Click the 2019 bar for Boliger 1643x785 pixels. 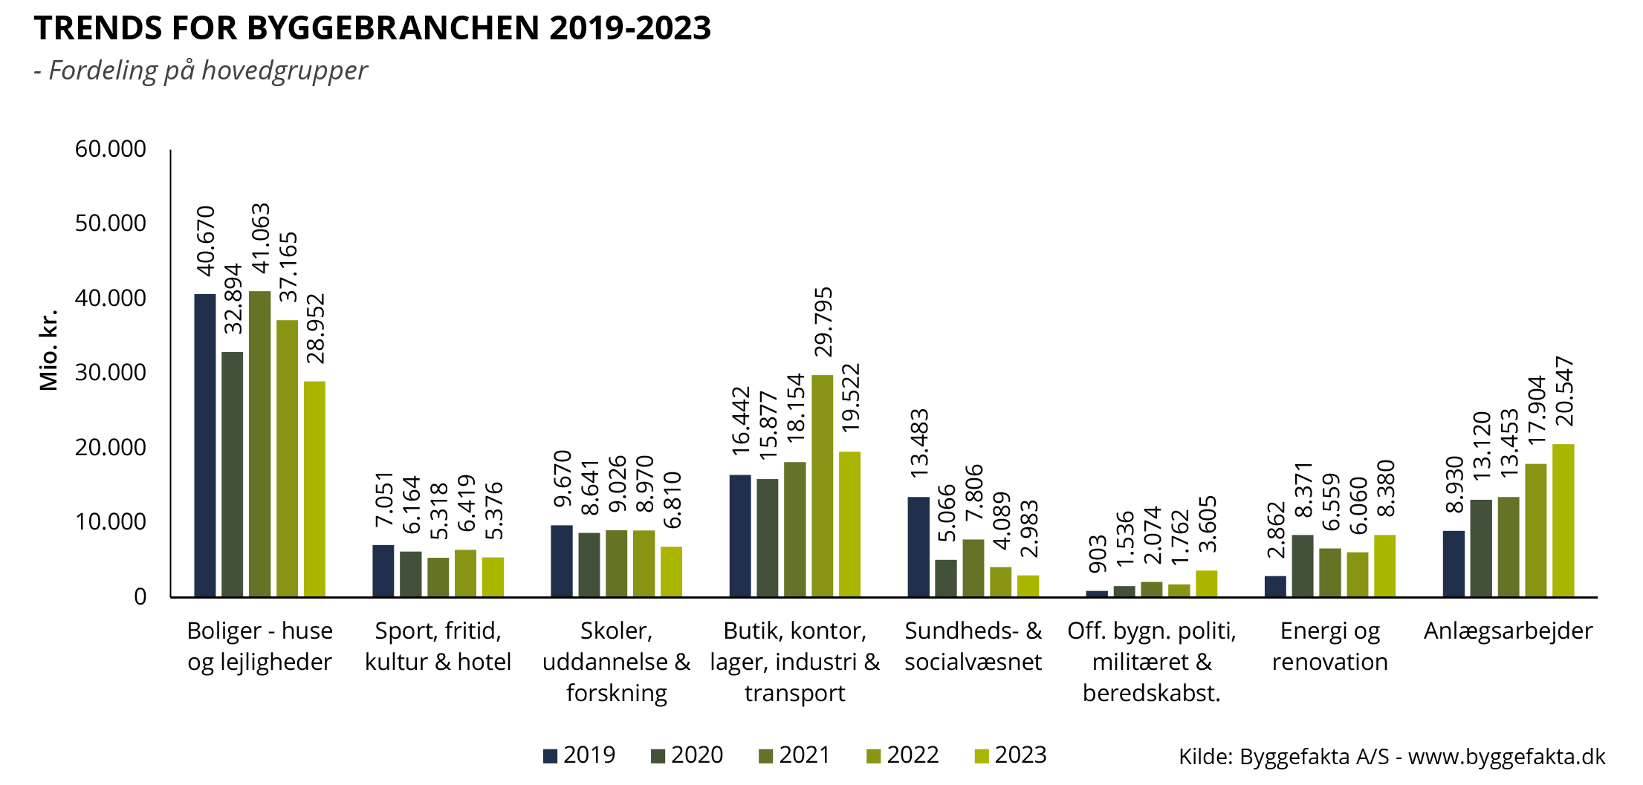(205, 446)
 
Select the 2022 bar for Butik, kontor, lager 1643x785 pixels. (822, 486)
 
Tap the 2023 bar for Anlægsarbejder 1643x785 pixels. (1563, 520)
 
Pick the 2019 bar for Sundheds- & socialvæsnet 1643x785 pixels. (918, 547)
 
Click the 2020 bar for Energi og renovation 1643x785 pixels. (1303, 565)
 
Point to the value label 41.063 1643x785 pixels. (260, 238)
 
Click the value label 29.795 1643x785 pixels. (823, 322)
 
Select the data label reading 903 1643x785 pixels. (1097, 554)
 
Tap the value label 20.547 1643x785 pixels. (1563, 391)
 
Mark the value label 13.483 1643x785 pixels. (919, 443)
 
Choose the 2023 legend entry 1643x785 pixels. (1010, 755)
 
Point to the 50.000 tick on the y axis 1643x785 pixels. (111, 224)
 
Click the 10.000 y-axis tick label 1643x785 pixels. (111, 522)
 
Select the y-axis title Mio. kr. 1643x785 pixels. (48, 350)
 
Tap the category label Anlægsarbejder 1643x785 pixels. (1508, 631)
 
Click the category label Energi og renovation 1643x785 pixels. (1329, 646)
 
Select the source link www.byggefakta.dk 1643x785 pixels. (1506, 757)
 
